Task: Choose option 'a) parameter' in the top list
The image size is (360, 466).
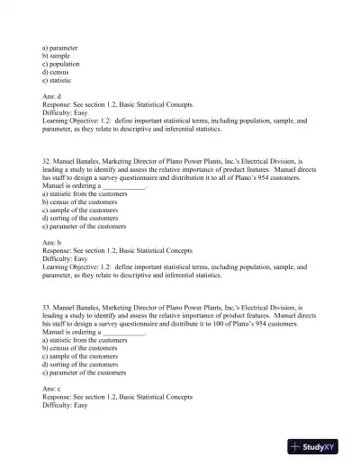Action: pos(59,47)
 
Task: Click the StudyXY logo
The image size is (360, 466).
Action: pos(318,446)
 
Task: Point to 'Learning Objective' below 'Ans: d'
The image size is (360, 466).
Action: pos(76,120)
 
